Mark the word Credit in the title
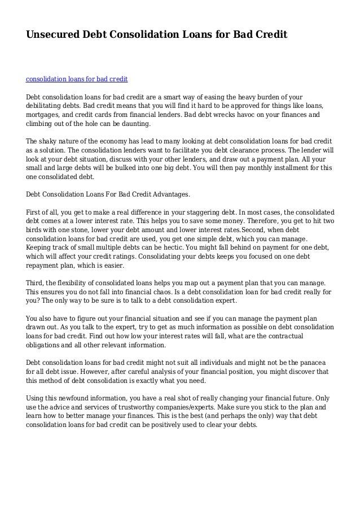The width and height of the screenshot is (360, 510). click(x=270, y=35)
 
